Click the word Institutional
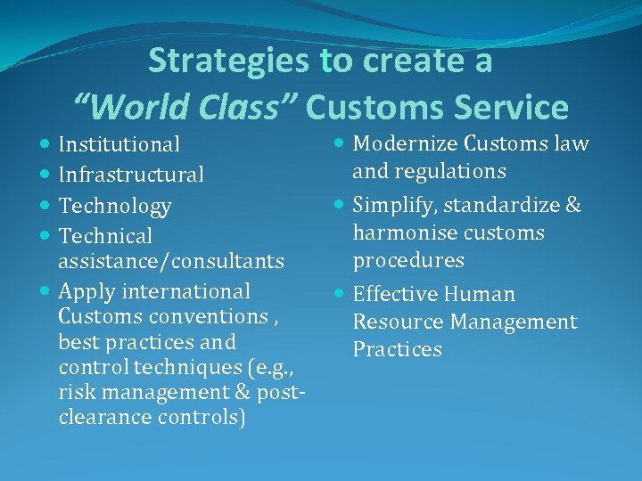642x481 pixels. tap(119, 144)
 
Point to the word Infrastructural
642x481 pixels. tap(131, 175)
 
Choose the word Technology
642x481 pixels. tap(115, 206)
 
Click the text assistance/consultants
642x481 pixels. tap(171, 262)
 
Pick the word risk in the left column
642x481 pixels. tap(75, 392)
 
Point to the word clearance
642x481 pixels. tap(105, 417)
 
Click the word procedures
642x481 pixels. tap(408, 261)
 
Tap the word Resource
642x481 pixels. tap(396, 322)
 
